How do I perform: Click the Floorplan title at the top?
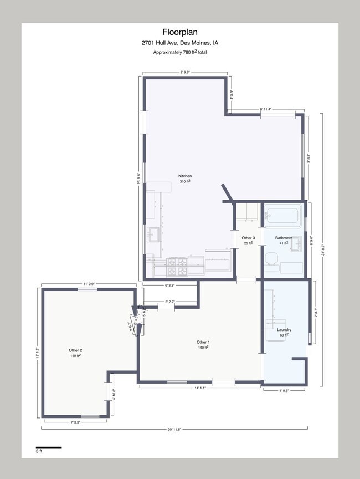(179, 32)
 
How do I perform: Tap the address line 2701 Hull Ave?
(179, 43)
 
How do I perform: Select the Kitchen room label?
(185, 176)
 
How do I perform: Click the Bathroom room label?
(284, 238)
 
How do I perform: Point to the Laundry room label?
(284, 330)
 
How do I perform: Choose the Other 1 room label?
(203, 342)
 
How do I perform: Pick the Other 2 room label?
(75, 350)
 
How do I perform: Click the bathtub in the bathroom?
(282, 215)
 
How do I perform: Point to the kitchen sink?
(152, 236)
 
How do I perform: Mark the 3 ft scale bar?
(49, 447)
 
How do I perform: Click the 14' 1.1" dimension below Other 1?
(200, 388)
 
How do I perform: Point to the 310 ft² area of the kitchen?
(185, 182)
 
